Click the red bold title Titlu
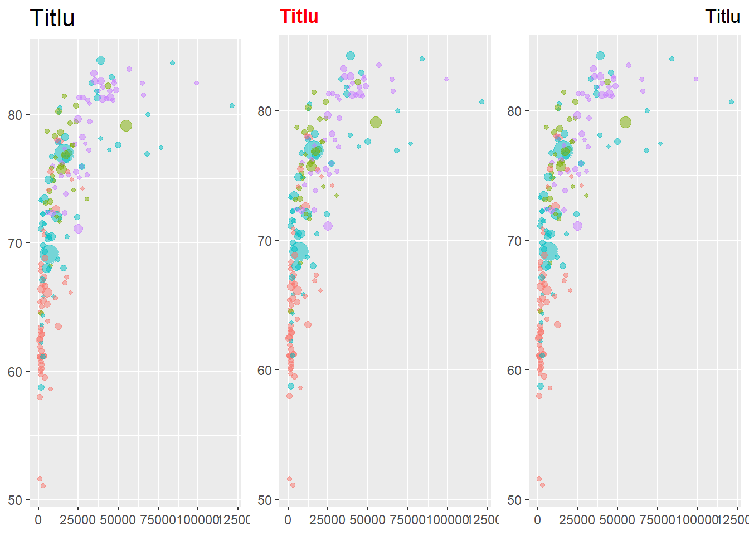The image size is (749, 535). [299, 17]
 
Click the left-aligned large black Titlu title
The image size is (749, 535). [52, 18]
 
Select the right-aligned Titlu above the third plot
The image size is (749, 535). [722, 17]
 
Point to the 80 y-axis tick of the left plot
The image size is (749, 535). [15, 115]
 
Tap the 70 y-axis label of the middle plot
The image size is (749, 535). [265, 241]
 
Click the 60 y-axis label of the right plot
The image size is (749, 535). [514, 371]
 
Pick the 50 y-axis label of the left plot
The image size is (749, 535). [15, 500]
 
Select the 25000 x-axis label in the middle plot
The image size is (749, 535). [328, 520]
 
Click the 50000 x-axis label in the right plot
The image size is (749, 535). [617, 520]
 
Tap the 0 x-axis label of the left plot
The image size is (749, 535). [38, 520]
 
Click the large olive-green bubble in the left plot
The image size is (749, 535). [126, 125]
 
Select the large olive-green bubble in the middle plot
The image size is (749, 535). [376, 123]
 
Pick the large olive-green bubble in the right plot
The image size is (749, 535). [625, 123]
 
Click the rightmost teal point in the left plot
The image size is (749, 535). [232, 105]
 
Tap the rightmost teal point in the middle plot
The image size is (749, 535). [481, 101]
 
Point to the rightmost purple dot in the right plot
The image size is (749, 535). [696, 79]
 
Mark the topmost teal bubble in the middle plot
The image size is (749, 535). [351, 56]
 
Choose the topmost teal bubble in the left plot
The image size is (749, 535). [101, 60]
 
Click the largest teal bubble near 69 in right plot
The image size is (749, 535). [548, 251]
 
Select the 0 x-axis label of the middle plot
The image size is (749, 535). [288, 520]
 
